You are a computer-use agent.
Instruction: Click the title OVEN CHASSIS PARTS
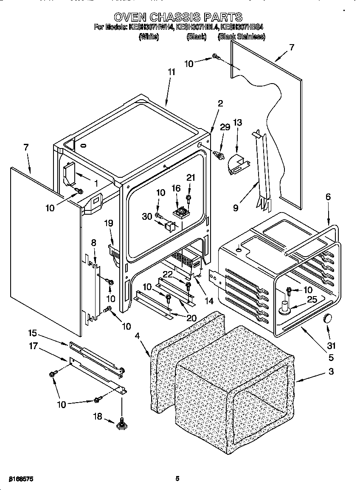click(178, 17)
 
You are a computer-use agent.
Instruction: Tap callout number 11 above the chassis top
click(171, 72)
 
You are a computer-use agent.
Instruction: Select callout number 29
click(225, 127)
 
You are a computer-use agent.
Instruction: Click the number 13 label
click(238, 123)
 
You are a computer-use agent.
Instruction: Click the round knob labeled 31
click(328, 318)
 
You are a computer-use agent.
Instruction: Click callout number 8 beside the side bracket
click(94, 243)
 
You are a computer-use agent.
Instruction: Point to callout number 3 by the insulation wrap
click(331, 372)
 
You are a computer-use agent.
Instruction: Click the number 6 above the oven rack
click(327, 197)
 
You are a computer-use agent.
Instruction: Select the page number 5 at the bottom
click(177, 479)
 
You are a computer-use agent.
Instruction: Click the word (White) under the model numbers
click(149, 37)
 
